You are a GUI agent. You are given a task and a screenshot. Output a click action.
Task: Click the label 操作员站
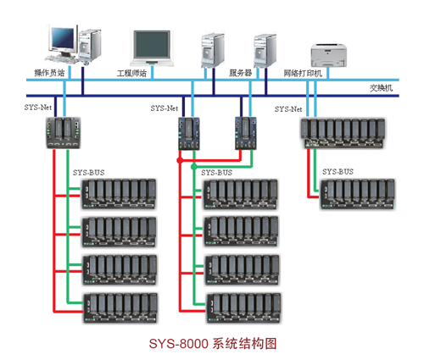[x=49, y=73]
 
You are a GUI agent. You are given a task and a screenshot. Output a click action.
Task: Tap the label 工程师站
[x=131, y=74]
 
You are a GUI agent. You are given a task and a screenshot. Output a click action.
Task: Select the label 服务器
[x=240, y=73]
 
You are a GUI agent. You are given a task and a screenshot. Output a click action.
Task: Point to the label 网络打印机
[x=303, y=74]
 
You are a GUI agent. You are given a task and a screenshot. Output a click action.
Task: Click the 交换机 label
[x=381, y=88]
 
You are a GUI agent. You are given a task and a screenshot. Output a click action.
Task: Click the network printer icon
[x=329, y=55]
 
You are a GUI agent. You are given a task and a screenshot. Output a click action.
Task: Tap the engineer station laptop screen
[x=152, y=44]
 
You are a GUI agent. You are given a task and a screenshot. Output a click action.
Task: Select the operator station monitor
[x=63, y=39]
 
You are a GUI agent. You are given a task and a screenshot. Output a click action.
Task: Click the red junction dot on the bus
[x=180, y=160]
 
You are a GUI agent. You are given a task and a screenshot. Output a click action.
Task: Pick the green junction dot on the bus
[x=194, y=167]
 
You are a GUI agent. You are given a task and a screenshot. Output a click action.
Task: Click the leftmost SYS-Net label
[x=38, y=108]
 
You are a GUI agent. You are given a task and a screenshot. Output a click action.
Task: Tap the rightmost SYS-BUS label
[x=338, y=172]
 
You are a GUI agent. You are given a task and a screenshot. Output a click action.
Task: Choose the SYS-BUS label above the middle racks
[x=216, y=173]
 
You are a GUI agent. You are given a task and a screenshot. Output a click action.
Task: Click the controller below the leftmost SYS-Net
[x=64, y=133]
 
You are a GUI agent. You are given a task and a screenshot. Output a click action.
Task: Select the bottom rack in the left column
[x=120, y=308]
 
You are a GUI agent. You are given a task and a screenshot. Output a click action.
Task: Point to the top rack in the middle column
[x=240, y=194]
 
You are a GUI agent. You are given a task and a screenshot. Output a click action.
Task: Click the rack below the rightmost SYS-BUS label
[x=358, y=194]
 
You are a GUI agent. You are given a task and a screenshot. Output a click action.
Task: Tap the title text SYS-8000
[x=179, y=344]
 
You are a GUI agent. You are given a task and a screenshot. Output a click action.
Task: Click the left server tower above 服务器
[x=213, y=51]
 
